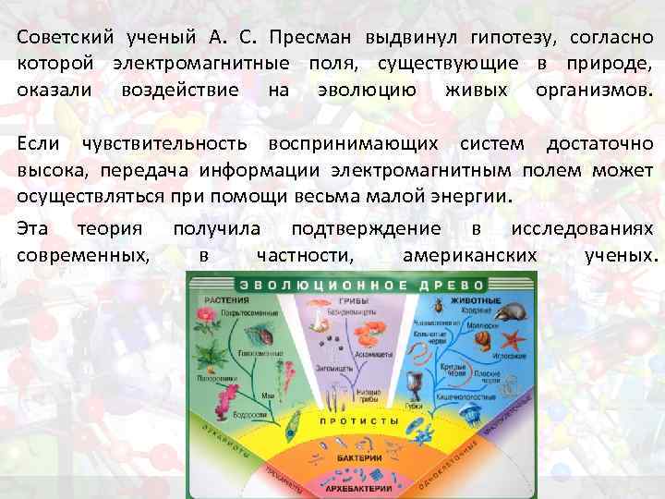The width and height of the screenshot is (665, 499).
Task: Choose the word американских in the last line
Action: (469, 253)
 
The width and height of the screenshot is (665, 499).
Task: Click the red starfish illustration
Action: (516, 344)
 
